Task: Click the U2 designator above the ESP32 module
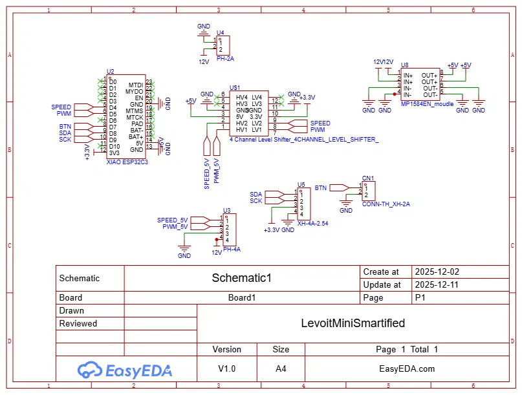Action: [x=110, y=72]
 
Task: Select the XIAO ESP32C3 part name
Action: [x=127, y=162]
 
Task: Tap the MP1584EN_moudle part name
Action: [x=427, y=103]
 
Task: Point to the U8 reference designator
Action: [x=404, y=65]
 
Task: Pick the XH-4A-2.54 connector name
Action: [x=312, y=223]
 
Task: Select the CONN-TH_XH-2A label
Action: [x=386, y=204]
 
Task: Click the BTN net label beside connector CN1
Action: [x=321, y=187]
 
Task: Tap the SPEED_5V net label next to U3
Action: [x=172, y=220]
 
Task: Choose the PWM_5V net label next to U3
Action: [x=175, y=227]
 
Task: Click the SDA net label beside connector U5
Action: [x=256, y=194]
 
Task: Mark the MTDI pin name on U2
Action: [x=135, y=85]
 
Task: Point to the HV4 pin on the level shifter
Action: [x=242, y=97]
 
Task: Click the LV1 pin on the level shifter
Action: [x=257, y=129]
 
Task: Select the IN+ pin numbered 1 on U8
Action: [x=408, y=76]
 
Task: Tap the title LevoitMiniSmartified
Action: [x=353, y=323]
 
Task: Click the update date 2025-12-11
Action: [x=437, y=284]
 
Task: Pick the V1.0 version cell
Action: [x=226, y=369]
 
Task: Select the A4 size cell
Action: [x=281, y=369]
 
